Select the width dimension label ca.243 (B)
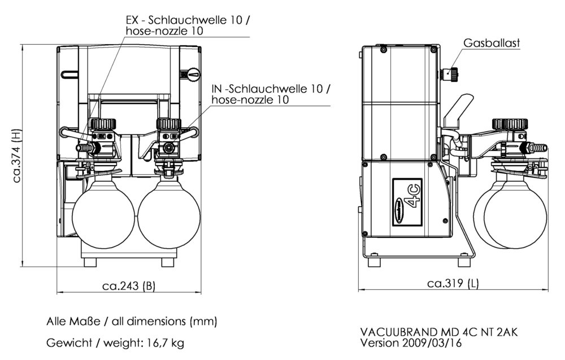tap(128, 285)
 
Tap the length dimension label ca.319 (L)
tap(453, 283)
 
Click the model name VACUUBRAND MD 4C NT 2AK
tap(438, 332)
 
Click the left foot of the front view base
tap(90, 262)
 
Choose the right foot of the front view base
tap(167, 262)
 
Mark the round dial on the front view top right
tap(193, 73)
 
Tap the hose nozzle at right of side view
tap(540, 148)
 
